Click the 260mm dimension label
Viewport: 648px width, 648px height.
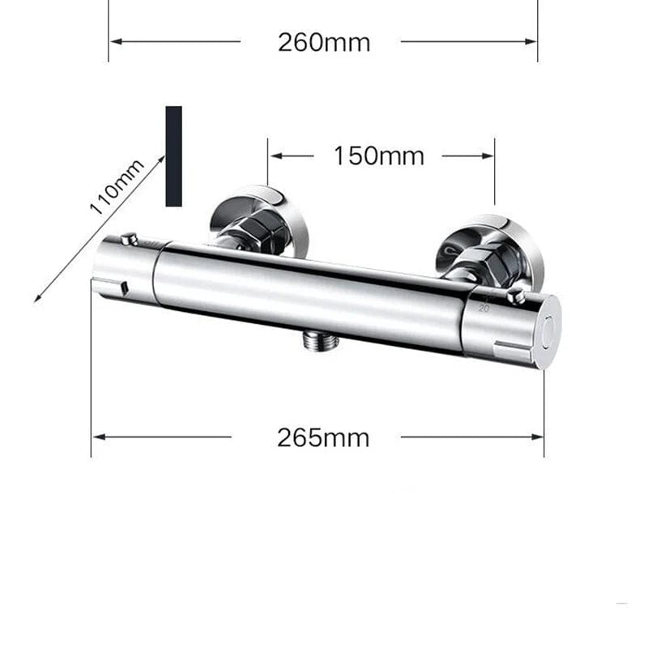pos(323,42)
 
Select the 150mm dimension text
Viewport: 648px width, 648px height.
pos(378,156)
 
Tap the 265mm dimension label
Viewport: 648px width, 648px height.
pos(323,437)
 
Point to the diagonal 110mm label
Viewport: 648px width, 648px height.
pos(117,186)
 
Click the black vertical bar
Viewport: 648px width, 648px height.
pos(173,156)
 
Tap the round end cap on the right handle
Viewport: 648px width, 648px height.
pos(550,330)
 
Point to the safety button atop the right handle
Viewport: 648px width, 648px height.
pos(515,297)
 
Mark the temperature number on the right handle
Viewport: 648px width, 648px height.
pos(484,308)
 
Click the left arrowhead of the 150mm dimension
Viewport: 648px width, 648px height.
pos(274,156)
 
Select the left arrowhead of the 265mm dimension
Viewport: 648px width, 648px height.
pos(97,437)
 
